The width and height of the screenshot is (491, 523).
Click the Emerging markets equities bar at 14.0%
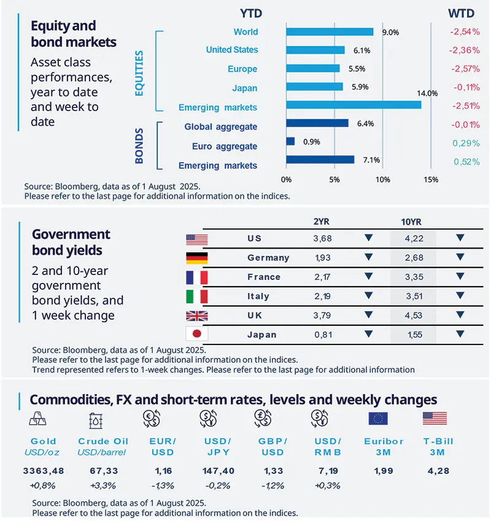click(354, 105)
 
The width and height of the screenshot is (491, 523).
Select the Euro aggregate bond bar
click(290, 141)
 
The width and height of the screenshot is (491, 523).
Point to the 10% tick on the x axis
click(383, 180)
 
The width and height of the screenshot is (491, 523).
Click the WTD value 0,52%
click(466, 162)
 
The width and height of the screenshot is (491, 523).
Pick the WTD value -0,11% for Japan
click(466, 87)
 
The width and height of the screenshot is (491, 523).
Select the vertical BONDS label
click(139, 145)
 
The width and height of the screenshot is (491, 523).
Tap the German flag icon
click(196, 258)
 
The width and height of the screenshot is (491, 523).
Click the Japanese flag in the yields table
click(196, 335)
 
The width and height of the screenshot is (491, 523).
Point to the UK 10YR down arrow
click(460, 315)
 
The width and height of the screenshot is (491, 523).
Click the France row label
click(264, 277)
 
